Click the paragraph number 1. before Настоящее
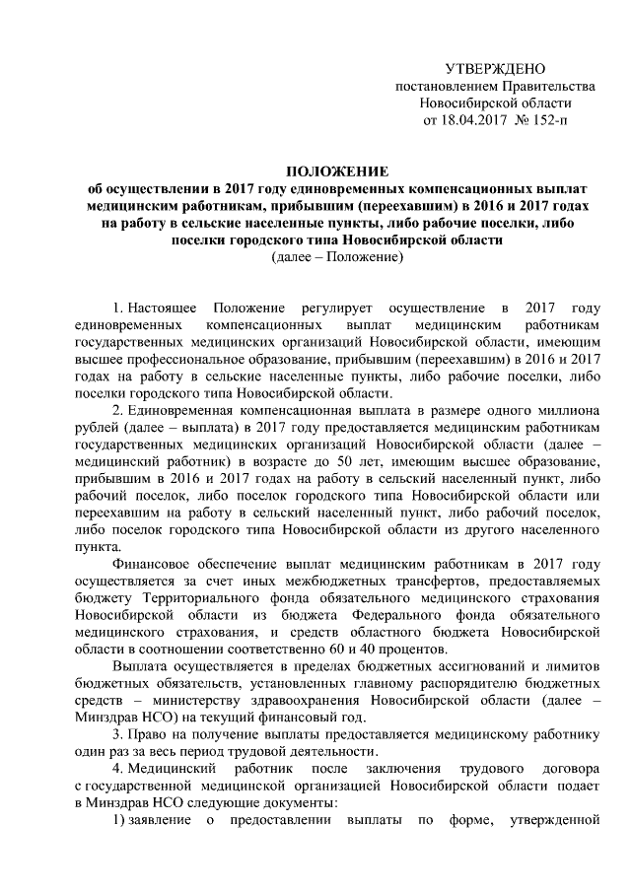(116, 301)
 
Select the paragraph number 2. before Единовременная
(116, 409)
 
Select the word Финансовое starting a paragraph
(152, 565)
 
